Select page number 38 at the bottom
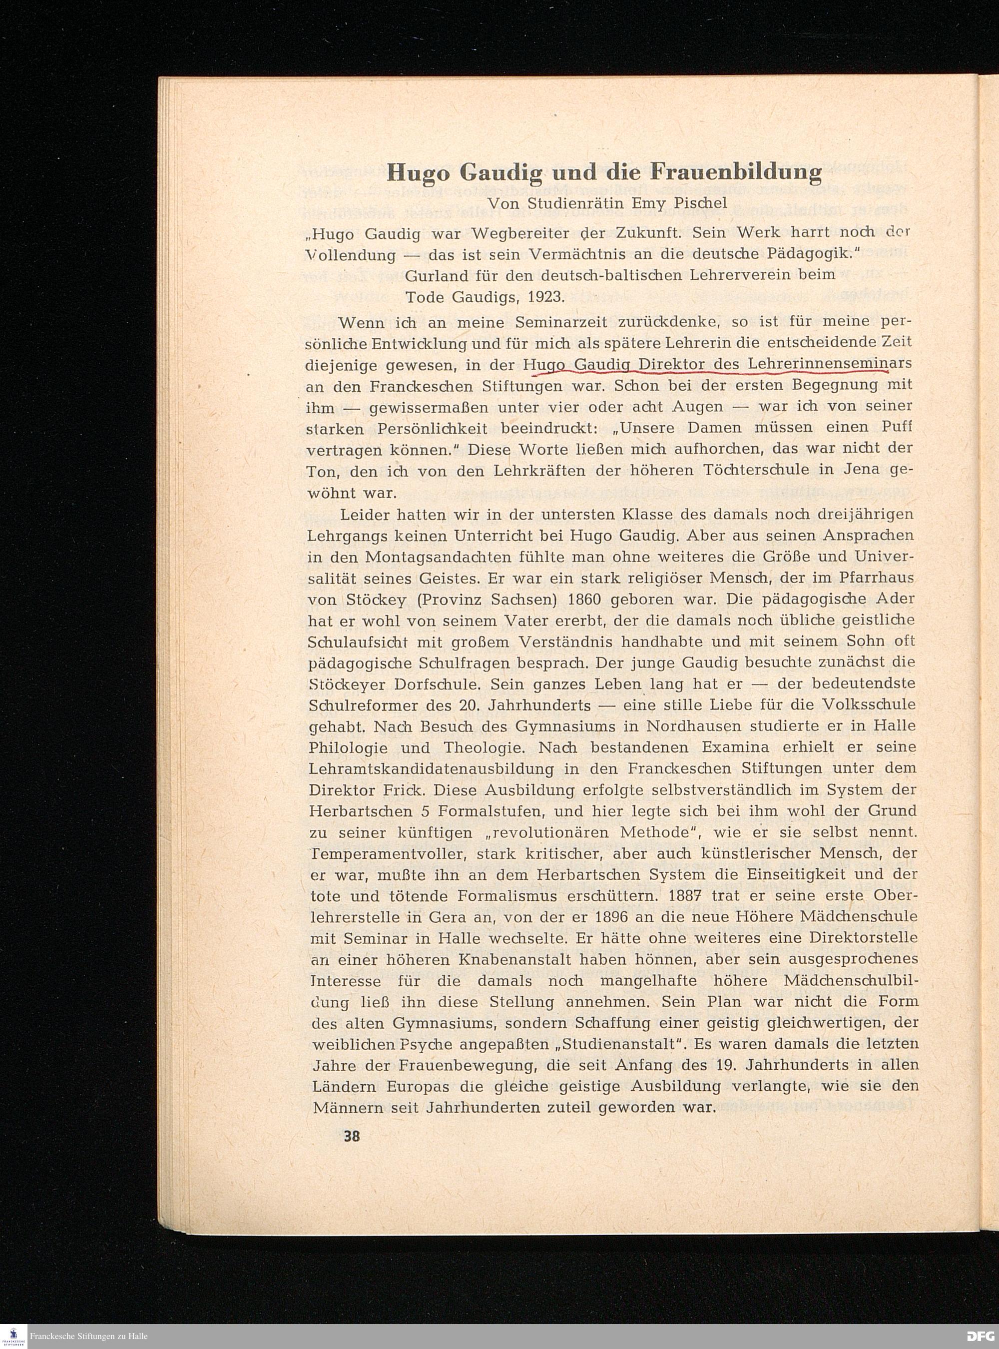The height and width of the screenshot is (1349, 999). click(351, 1136)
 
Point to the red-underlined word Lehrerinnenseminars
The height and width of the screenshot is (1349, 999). click(829, 365)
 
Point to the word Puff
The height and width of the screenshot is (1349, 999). click(896, 428)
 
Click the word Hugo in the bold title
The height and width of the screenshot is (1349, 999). click(419, 173)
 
